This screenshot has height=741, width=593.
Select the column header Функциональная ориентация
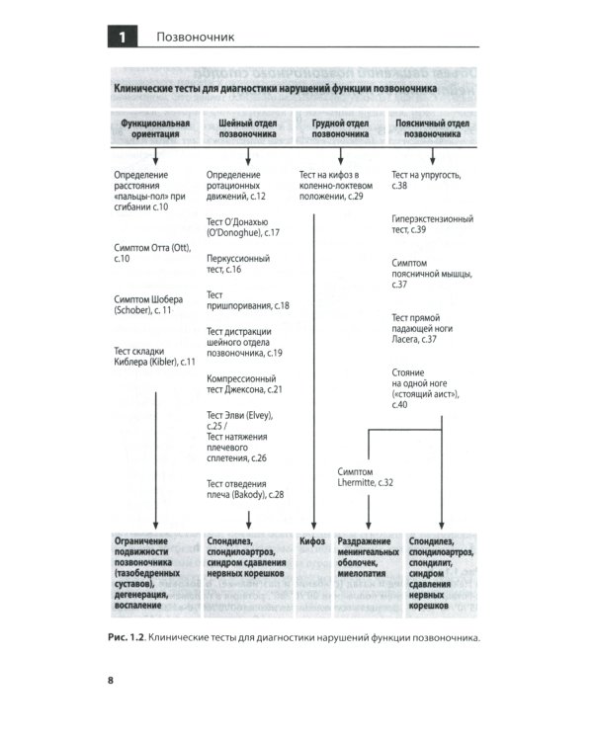154,129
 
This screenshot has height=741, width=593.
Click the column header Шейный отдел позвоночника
246,129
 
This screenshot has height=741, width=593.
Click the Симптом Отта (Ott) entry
151,252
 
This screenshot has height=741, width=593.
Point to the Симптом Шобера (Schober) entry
152,304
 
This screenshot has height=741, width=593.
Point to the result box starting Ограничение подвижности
156,568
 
